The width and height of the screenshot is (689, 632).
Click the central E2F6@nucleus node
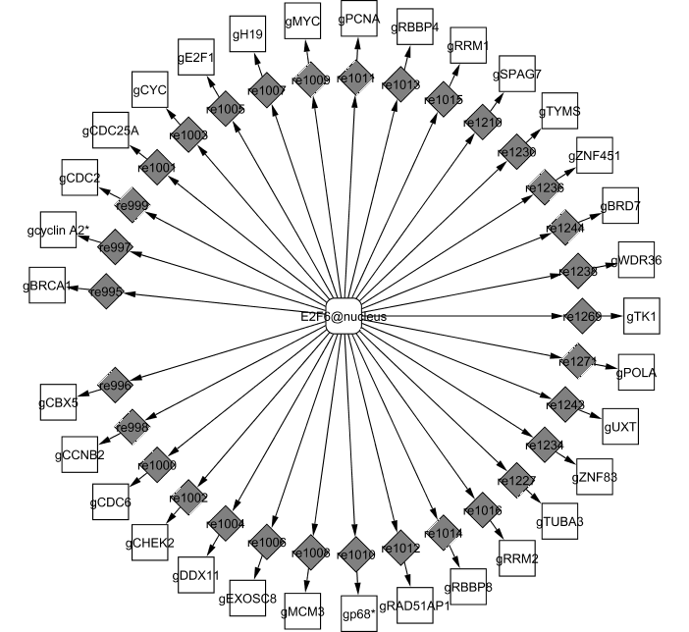click(344, 316)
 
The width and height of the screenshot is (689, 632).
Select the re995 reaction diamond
click(106, 291)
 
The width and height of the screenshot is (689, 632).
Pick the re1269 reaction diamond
click(581, 316)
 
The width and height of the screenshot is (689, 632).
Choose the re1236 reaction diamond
click(543, 187)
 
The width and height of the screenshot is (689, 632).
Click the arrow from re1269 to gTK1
click(612, 316)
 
